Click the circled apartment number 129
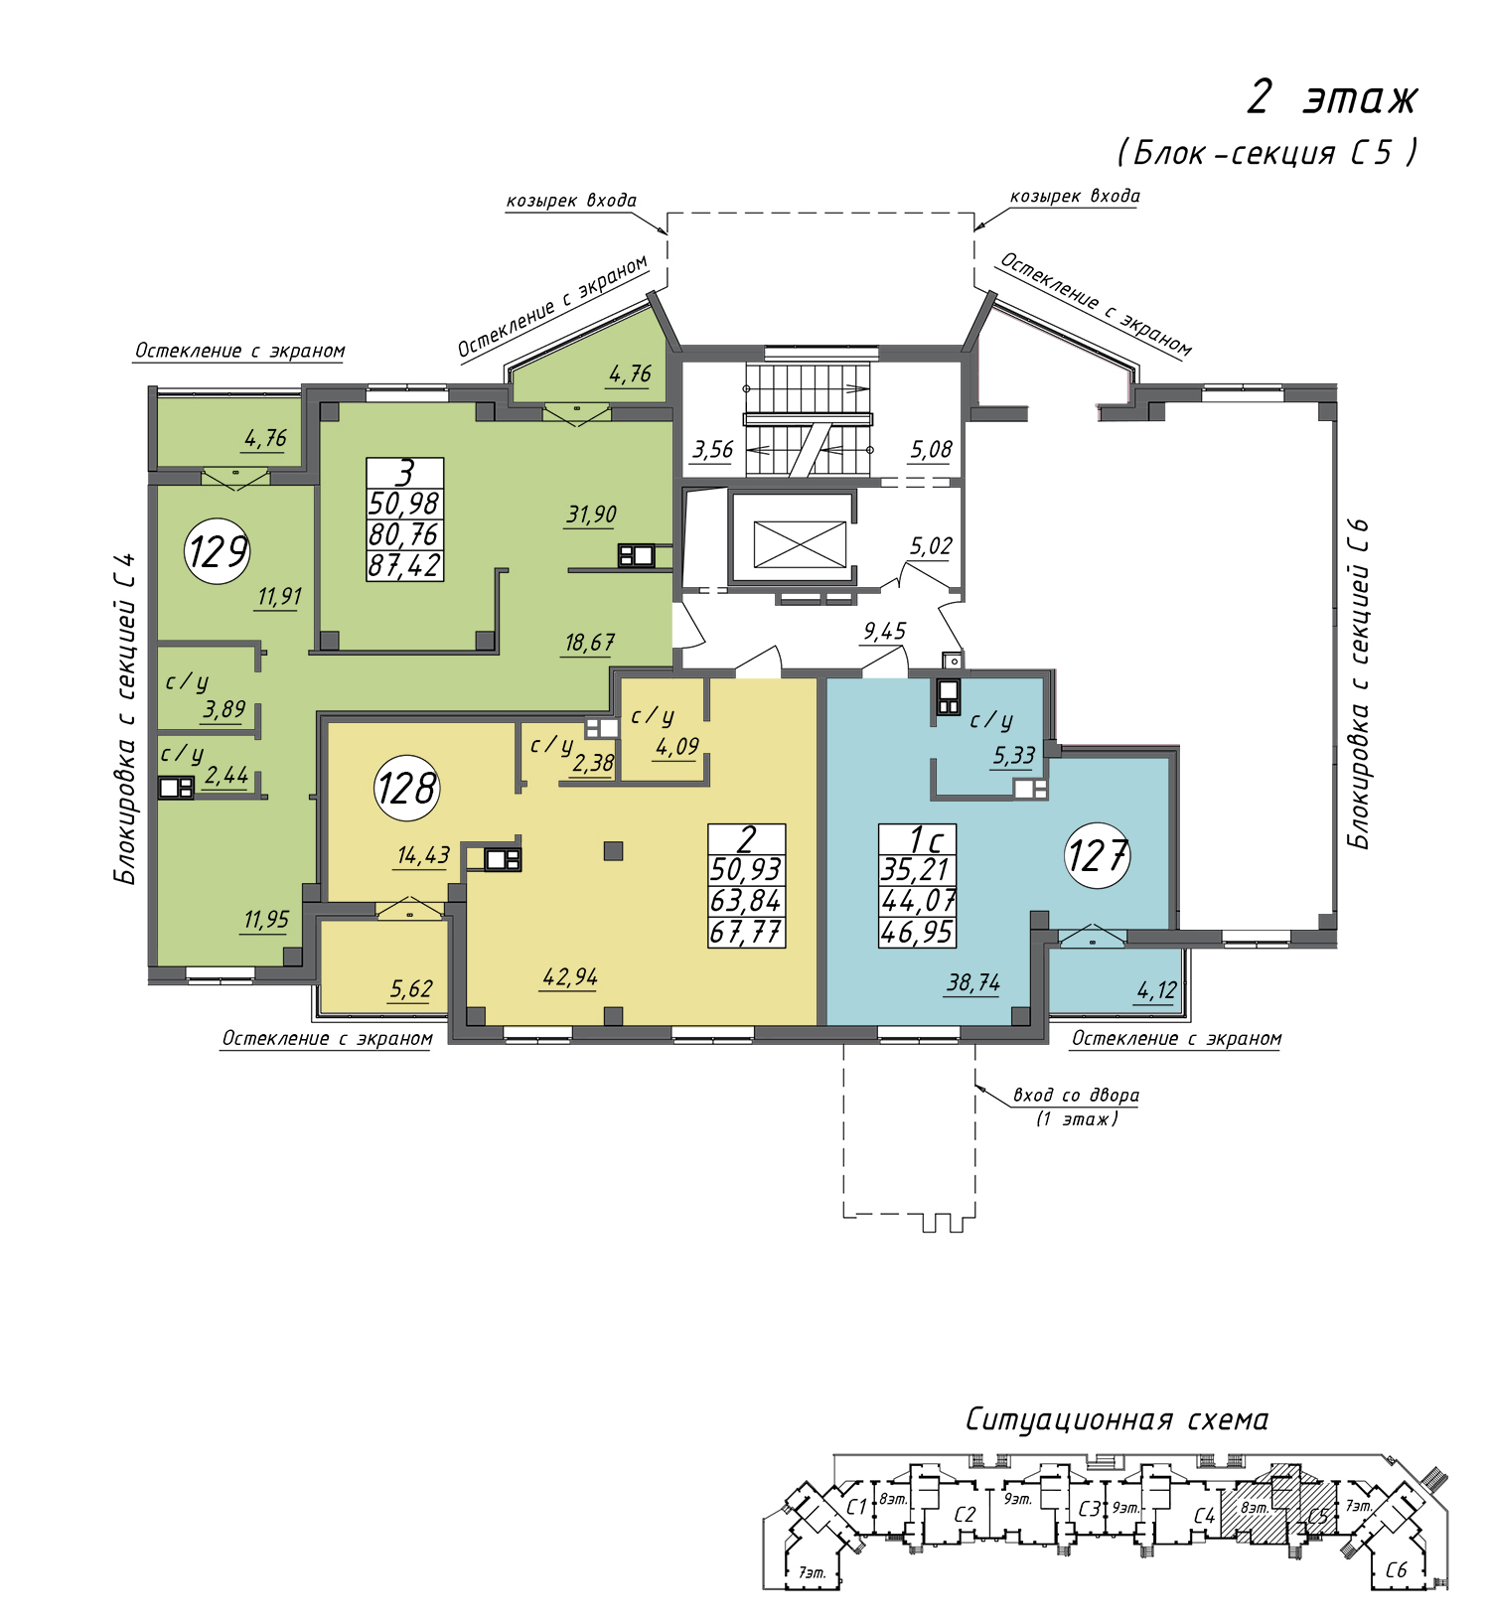[x=218, y=550]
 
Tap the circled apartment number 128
[x=407, y=789]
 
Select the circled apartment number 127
[x=1098, y=855]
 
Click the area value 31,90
[x=592, y=515]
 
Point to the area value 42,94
[x=570, y=977]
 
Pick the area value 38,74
[x=973, y=983]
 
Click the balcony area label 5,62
[x=411, y=989]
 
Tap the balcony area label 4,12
[x=1157, y=990]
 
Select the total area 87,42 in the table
[x=404, y=565]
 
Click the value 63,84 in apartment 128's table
[x=746, y=901]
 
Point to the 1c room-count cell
[x=918, y=839]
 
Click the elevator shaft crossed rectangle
[x=801, y=544]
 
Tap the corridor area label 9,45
[x=885, y=632]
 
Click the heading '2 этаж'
[x=1332, y=98]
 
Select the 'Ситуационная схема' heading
[x=1117, y=1419]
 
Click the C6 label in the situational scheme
[x=1397, y=1570]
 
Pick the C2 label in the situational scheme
[x=965, y=1515]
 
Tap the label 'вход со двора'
[x=1076, y=1096]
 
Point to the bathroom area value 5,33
[x=1014, y=756]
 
